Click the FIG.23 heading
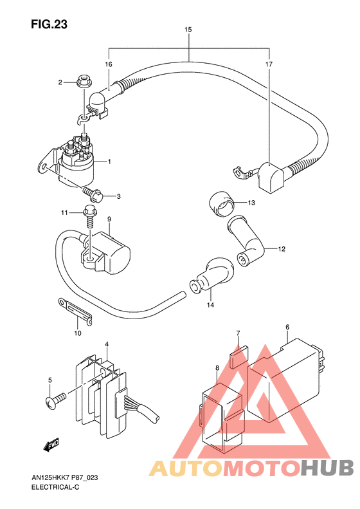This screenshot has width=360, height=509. click(x=49, y=24)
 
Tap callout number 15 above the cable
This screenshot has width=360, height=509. click(x=188, y=30)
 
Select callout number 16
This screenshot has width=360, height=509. click(x=109, y=64)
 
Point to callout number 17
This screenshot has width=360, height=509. click(x=269, y=64)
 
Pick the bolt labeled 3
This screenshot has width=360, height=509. click(x=93, y=194)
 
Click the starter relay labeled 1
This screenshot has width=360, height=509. click(x=73, y=162)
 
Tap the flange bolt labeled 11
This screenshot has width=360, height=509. click(x=89, y=216)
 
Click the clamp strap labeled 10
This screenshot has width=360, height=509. click(x=75, y=310)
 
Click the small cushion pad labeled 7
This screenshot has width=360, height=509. click(x=239, y=356)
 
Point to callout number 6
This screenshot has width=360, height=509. click(x=287, y=327)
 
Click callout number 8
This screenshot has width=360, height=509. click(x=217, y=368)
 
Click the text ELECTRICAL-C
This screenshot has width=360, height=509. click(x=55, y=487)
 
